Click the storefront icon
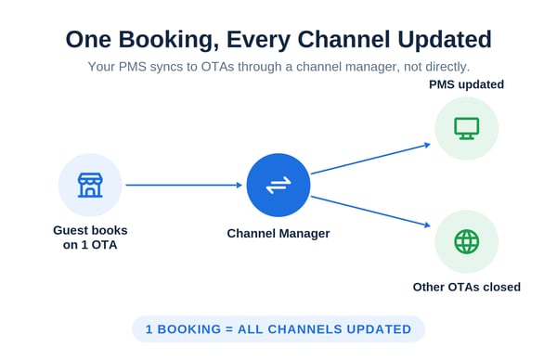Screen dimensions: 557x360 [90, 185]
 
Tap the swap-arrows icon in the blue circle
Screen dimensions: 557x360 [278, 186]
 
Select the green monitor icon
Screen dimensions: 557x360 [467, 128]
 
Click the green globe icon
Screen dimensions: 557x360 [467, 242]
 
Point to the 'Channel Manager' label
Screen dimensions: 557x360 [278, 234]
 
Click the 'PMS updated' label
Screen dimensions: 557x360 [466, 84]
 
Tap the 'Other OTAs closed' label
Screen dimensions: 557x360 [467, 287]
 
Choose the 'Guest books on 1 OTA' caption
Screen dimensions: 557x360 [90, 238]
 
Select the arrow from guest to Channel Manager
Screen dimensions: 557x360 [184, 185]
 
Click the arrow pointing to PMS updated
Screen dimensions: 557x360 [370, 159]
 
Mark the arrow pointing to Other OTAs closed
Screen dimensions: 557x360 [370, 212]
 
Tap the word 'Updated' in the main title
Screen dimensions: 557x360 [445, 40]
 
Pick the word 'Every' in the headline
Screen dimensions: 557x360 [258, 40]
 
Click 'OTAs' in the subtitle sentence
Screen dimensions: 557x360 [217, 67]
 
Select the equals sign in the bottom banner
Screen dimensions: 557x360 [229, 329]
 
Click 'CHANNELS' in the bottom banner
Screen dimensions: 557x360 [306, 329]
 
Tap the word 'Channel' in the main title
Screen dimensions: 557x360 [343, 40]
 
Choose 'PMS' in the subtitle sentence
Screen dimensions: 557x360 [133, 67]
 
